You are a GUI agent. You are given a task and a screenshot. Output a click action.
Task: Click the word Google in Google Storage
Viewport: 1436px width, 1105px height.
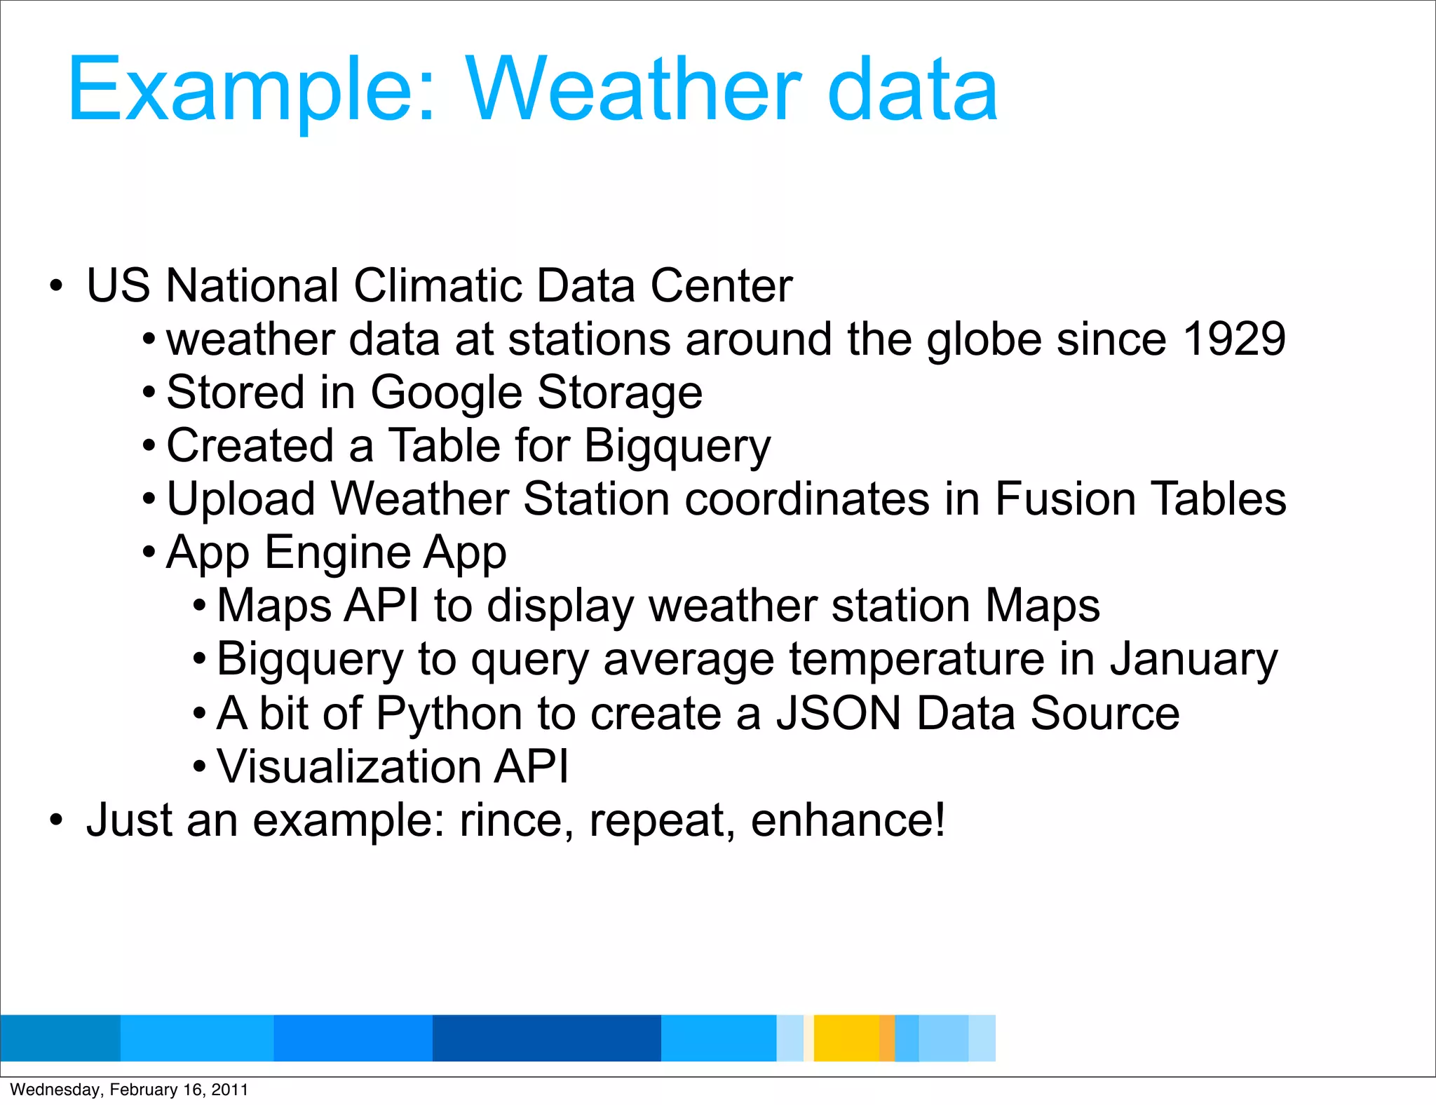[447, 393]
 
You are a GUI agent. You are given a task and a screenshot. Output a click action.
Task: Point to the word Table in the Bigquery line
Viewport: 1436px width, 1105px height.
[445, 446]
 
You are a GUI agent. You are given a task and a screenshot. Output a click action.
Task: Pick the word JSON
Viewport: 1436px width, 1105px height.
[839, 714]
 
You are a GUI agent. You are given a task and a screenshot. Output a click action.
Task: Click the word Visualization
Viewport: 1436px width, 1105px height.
[348, 767]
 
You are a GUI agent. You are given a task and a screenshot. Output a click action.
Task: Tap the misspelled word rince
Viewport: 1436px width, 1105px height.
[511, 820]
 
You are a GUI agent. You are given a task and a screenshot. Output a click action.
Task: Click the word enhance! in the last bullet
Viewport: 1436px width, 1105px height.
[847, 820]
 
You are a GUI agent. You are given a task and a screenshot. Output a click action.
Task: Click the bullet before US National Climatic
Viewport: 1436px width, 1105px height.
[56, 286]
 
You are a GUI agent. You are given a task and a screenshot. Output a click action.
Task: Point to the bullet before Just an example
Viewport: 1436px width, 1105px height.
[56, 820]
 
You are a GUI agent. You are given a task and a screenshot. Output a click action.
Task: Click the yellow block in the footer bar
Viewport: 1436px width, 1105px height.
[846, 1038]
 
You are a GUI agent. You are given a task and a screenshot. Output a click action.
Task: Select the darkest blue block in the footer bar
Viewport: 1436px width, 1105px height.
[547, 1038]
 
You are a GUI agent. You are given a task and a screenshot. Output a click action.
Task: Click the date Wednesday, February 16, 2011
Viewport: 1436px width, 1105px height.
[129, 1090]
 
